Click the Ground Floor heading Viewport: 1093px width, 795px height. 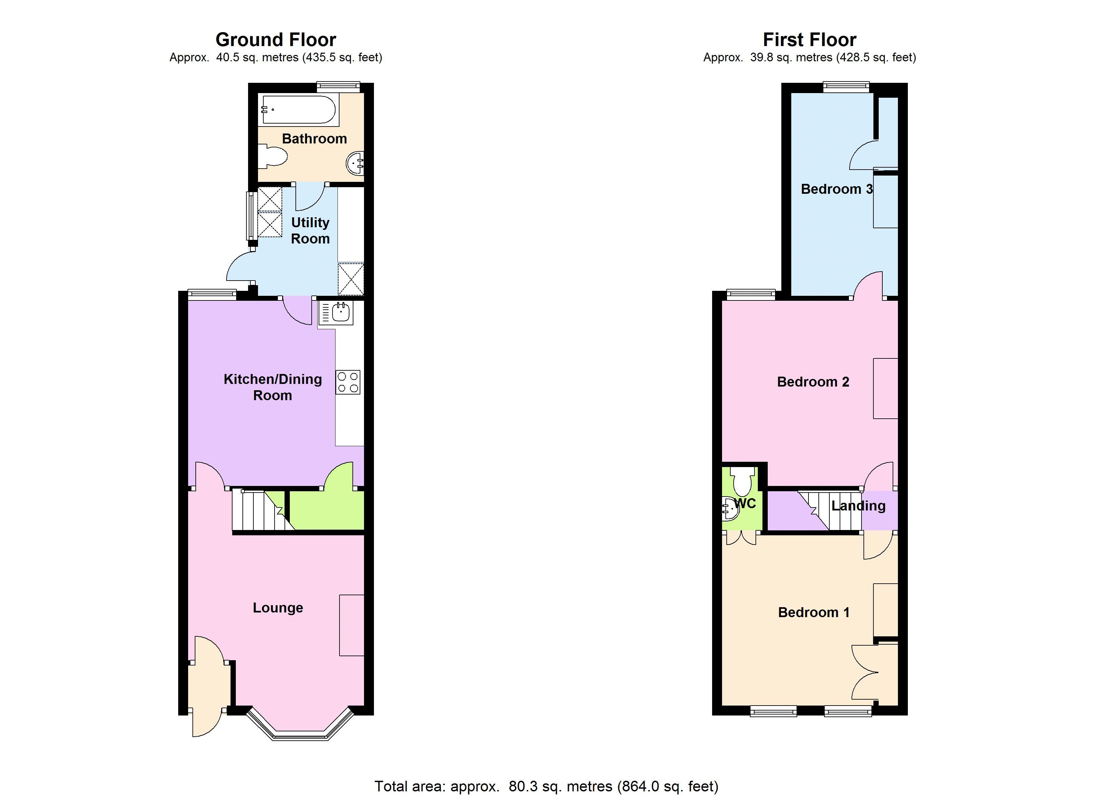pyautogui.click(x=276, y=39)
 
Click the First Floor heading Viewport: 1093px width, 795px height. pyautogui.click(x=809, y=39)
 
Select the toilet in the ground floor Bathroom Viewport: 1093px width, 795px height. pyautogui.click(x=272, y=156)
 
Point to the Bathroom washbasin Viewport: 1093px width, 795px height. pyautogui.click(x=355, y=163)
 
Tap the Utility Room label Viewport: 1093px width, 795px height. pyautogui.click(x=310, y=231)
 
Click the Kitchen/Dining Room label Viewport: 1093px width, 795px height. pyautogui.click(x=273, y=387)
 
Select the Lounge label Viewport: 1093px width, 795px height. pyautogui.click(x=278, y=608)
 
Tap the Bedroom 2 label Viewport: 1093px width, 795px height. pyautogui.click(x=813, y=382)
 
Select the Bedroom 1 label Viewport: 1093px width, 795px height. pyautogui.click(x=813, y=612)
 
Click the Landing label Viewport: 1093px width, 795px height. pyautogui.click(x=858, y=506)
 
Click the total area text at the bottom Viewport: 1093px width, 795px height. pyautogui.click(x=546, y=786)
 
